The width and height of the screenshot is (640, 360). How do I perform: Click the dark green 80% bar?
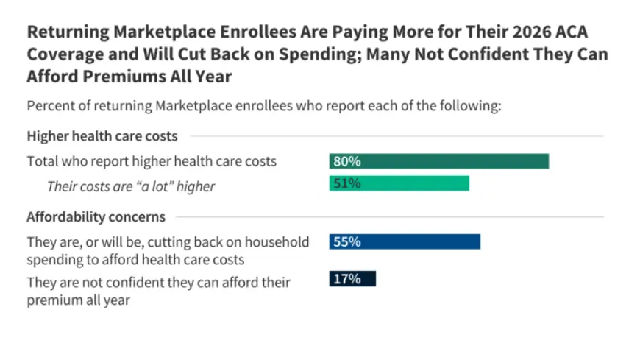438,161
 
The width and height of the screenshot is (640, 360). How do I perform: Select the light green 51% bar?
399,184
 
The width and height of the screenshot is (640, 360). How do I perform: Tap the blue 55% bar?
405,241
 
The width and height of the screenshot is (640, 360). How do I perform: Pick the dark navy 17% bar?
352,278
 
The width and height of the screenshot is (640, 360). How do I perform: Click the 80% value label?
346,161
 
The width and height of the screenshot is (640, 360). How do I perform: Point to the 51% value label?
346,184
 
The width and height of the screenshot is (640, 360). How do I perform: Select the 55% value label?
346,241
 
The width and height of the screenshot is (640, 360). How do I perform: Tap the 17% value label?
346,278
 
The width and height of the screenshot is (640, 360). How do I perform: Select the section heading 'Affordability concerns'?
96,217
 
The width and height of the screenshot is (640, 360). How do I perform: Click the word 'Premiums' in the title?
121,76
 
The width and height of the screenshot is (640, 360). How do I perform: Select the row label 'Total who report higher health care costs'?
152,161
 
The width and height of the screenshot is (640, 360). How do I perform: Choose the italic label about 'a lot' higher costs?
131,186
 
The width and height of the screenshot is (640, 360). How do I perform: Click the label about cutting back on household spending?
168,250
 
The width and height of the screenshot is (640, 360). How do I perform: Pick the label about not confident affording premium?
158,291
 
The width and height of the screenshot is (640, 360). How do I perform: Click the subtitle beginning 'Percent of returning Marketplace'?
264,105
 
